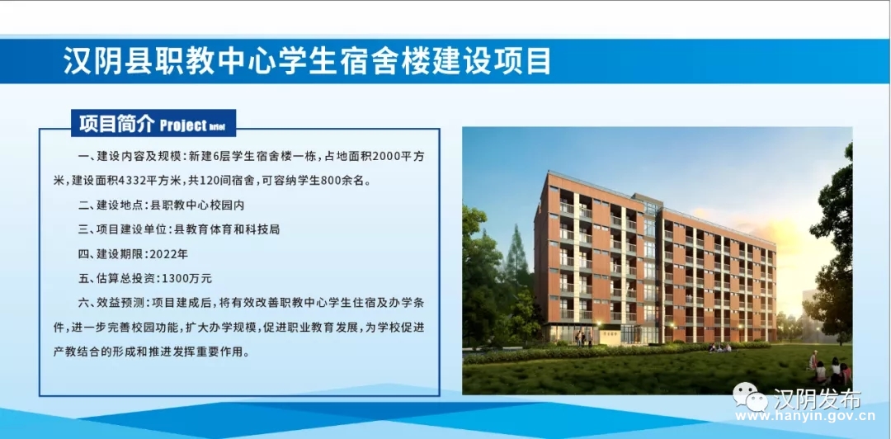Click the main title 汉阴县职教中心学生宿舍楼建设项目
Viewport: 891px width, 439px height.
point(307,61)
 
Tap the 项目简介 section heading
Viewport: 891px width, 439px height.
point(116,124)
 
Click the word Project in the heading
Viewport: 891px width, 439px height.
point(183,125)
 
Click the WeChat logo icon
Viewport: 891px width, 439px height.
point(750,396)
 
